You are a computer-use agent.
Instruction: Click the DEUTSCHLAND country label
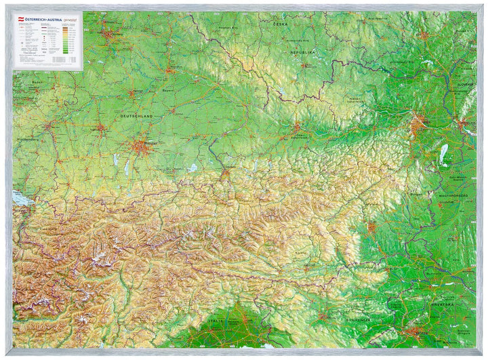[x=136, y=116]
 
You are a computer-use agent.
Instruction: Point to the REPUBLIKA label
[x=302, y=52]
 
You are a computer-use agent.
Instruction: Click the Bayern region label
[x=168, y=89]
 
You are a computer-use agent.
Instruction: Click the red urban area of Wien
[x=418, y=122]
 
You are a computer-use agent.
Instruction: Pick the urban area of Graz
[x=371, y=228]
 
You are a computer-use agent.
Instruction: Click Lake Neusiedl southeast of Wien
[x=444, y=154]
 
